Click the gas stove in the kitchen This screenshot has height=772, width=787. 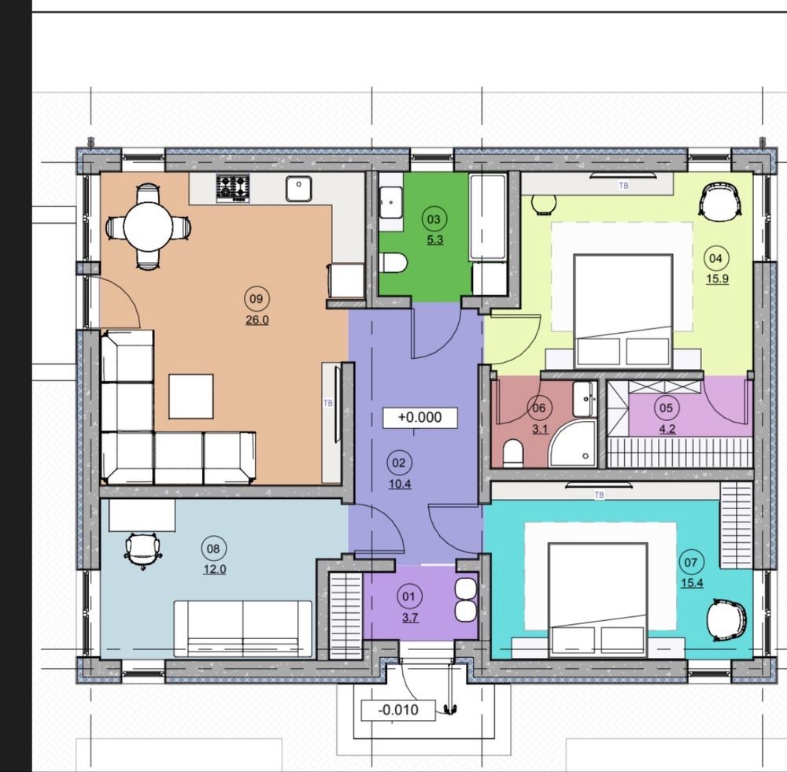(x=233, y=188)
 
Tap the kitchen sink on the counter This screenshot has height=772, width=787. (x=298, y=189)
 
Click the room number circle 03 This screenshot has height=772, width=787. (x=434, y=219)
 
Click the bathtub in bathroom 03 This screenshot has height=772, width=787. (x=487, y=217)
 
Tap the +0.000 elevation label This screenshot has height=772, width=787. (x=420, y=418)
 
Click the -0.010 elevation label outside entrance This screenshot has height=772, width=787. (x=398, y=711)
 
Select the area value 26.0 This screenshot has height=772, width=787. (x=257, y=320)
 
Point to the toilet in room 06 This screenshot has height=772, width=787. (x=513, y=452)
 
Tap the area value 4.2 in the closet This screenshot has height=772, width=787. (x=667, y=429)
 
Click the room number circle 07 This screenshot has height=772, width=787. (x=691, y=562)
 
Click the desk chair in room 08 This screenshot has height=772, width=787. (x=143, y=551)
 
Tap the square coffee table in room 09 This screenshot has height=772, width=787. (x=190, y=397)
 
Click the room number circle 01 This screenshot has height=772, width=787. (x=409, y=597)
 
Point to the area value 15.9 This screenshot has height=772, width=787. (x=717, y=279)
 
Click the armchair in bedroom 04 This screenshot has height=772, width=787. (x=721, y=200)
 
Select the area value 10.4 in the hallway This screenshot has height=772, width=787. (x=400, y=484)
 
